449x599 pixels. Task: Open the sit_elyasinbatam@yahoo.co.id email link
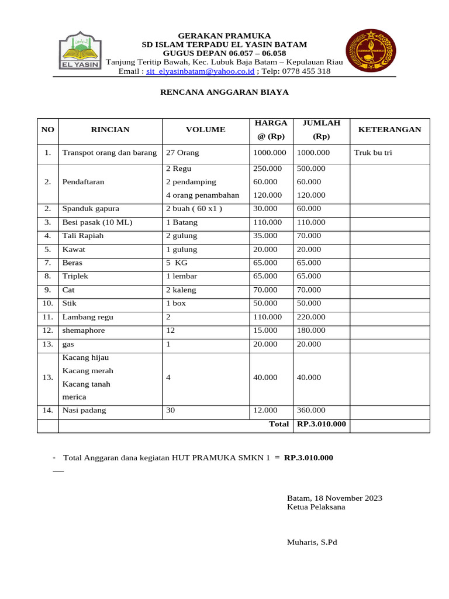201,71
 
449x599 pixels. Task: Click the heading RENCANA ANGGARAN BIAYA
224,92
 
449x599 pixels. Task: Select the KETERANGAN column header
389,130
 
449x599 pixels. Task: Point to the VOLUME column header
205,130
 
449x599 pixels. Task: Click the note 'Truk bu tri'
373,153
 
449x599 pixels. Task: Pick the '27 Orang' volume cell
182,153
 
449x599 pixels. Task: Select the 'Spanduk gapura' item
91,209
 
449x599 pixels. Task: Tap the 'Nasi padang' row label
84,411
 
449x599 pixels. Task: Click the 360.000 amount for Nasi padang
311,411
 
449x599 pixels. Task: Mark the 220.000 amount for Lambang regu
311,317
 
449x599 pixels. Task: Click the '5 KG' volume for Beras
177,263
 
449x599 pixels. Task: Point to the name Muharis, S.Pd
312,542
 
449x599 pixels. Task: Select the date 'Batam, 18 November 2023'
334,498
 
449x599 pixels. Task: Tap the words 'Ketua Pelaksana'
316,507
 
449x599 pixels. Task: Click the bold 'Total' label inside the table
279,424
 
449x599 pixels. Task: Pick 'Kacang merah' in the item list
88,371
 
